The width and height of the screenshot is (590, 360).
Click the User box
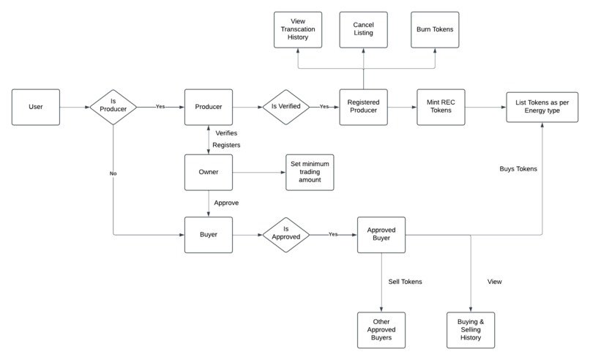tap(35, 107)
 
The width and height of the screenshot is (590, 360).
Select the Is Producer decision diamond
tap(113, 107)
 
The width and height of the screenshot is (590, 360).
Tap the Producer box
tap(208, 107)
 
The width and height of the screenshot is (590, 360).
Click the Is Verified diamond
tap(286, 107)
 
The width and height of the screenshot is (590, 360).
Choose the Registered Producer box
tap(363, 107)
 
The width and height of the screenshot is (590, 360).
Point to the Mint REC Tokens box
tap(441, 107)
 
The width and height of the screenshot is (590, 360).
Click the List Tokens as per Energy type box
tap(542, 107)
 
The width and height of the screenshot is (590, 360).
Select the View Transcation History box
tap(298, 30)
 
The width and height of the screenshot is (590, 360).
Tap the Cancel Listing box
tap(363, 30)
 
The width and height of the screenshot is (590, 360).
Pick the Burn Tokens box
tap(435, 30)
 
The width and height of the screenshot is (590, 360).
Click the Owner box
tap(208, 173)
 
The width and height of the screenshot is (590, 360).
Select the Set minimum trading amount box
tap(310, 173)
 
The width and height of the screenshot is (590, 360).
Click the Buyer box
tap(208, 235)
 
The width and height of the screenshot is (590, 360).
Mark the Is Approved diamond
tap(286, 235)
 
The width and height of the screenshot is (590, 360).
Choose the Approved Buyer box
tap(381, 235)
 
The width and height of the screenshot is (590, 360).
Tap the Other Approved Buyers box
tap(381, 330)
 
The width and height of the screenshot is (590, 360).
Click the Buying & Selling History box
tap(471, 330)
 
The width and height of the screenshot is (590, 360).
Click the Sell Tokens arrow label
tap(406, 281)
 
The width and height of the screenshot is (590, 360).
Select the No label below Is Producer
tap(114, 175)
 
